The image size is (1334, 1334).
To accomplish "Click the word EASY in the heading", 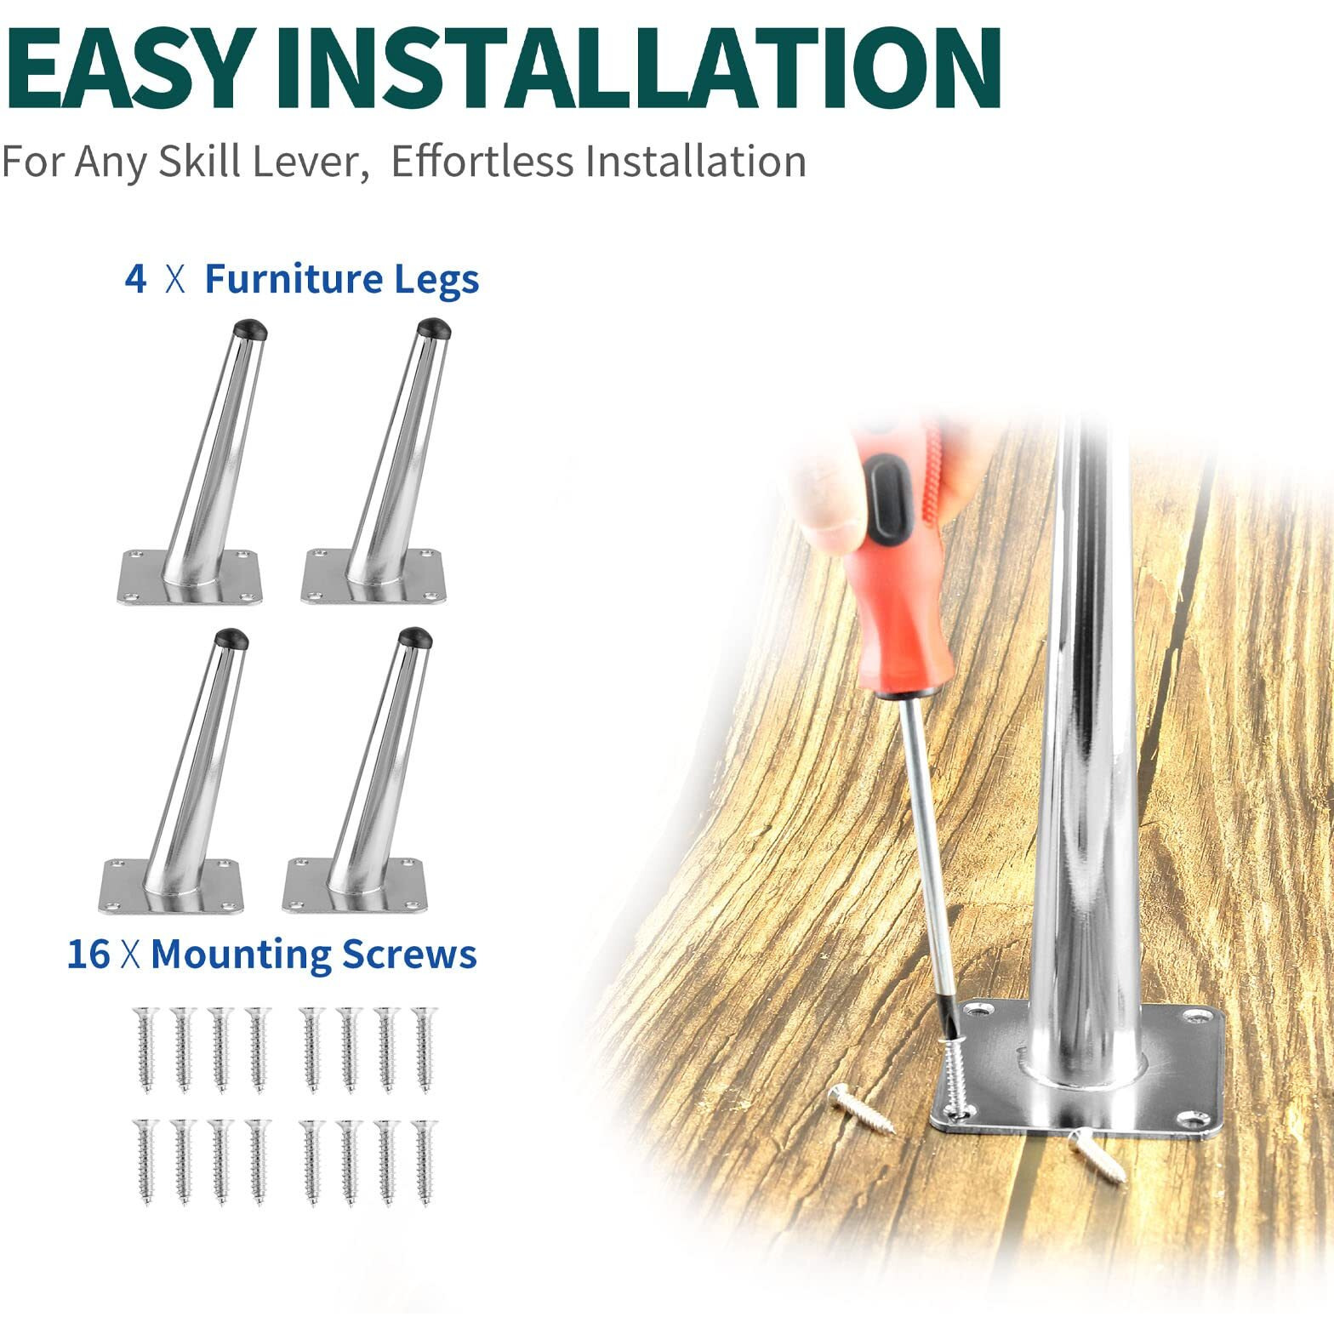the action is [x=129, y=68].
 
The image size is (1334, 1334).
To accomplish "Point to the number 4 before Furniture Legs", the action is [x=135, y=279].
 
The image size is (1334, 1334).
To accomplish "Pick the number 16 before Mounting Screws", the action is [x=88, y=954].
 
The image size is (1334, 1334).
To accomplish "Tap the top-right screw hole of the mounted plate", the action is [x=1200, y=1014].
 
